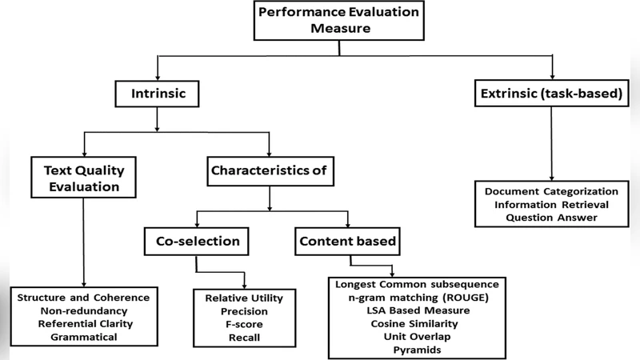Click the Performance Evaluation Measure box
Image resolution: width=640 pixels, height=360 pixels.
339,20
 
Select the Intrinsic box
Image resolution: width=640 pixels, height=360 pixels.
159,95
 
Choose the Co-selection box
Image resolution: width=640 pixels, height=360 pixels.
192,240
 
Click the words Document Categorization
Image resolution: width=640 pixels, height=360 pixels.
551,192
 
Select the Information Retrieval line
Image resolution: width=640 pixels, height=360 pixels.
551,205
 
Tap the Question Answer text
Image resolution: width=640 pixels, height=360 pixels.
551,218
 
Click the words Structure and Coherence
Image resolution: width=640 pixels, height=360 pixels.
84,297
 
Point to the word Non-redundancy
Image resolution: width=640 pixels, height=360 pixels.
84,310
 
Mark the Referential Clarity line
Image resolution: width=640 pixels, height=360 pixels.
84,324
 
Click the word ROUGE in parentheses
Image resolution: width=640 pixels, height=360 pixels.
462,298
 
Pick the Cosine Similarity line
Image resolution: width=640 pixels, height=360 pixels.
414,324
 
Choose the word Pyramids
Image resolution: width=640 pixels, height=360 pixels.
414,350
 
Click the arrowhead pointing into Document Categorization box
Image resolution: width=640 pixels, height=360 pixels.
551,179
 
